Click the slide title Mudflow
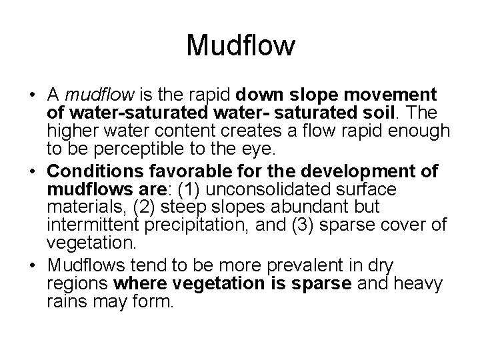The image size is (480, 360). (x=240, y=46)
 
